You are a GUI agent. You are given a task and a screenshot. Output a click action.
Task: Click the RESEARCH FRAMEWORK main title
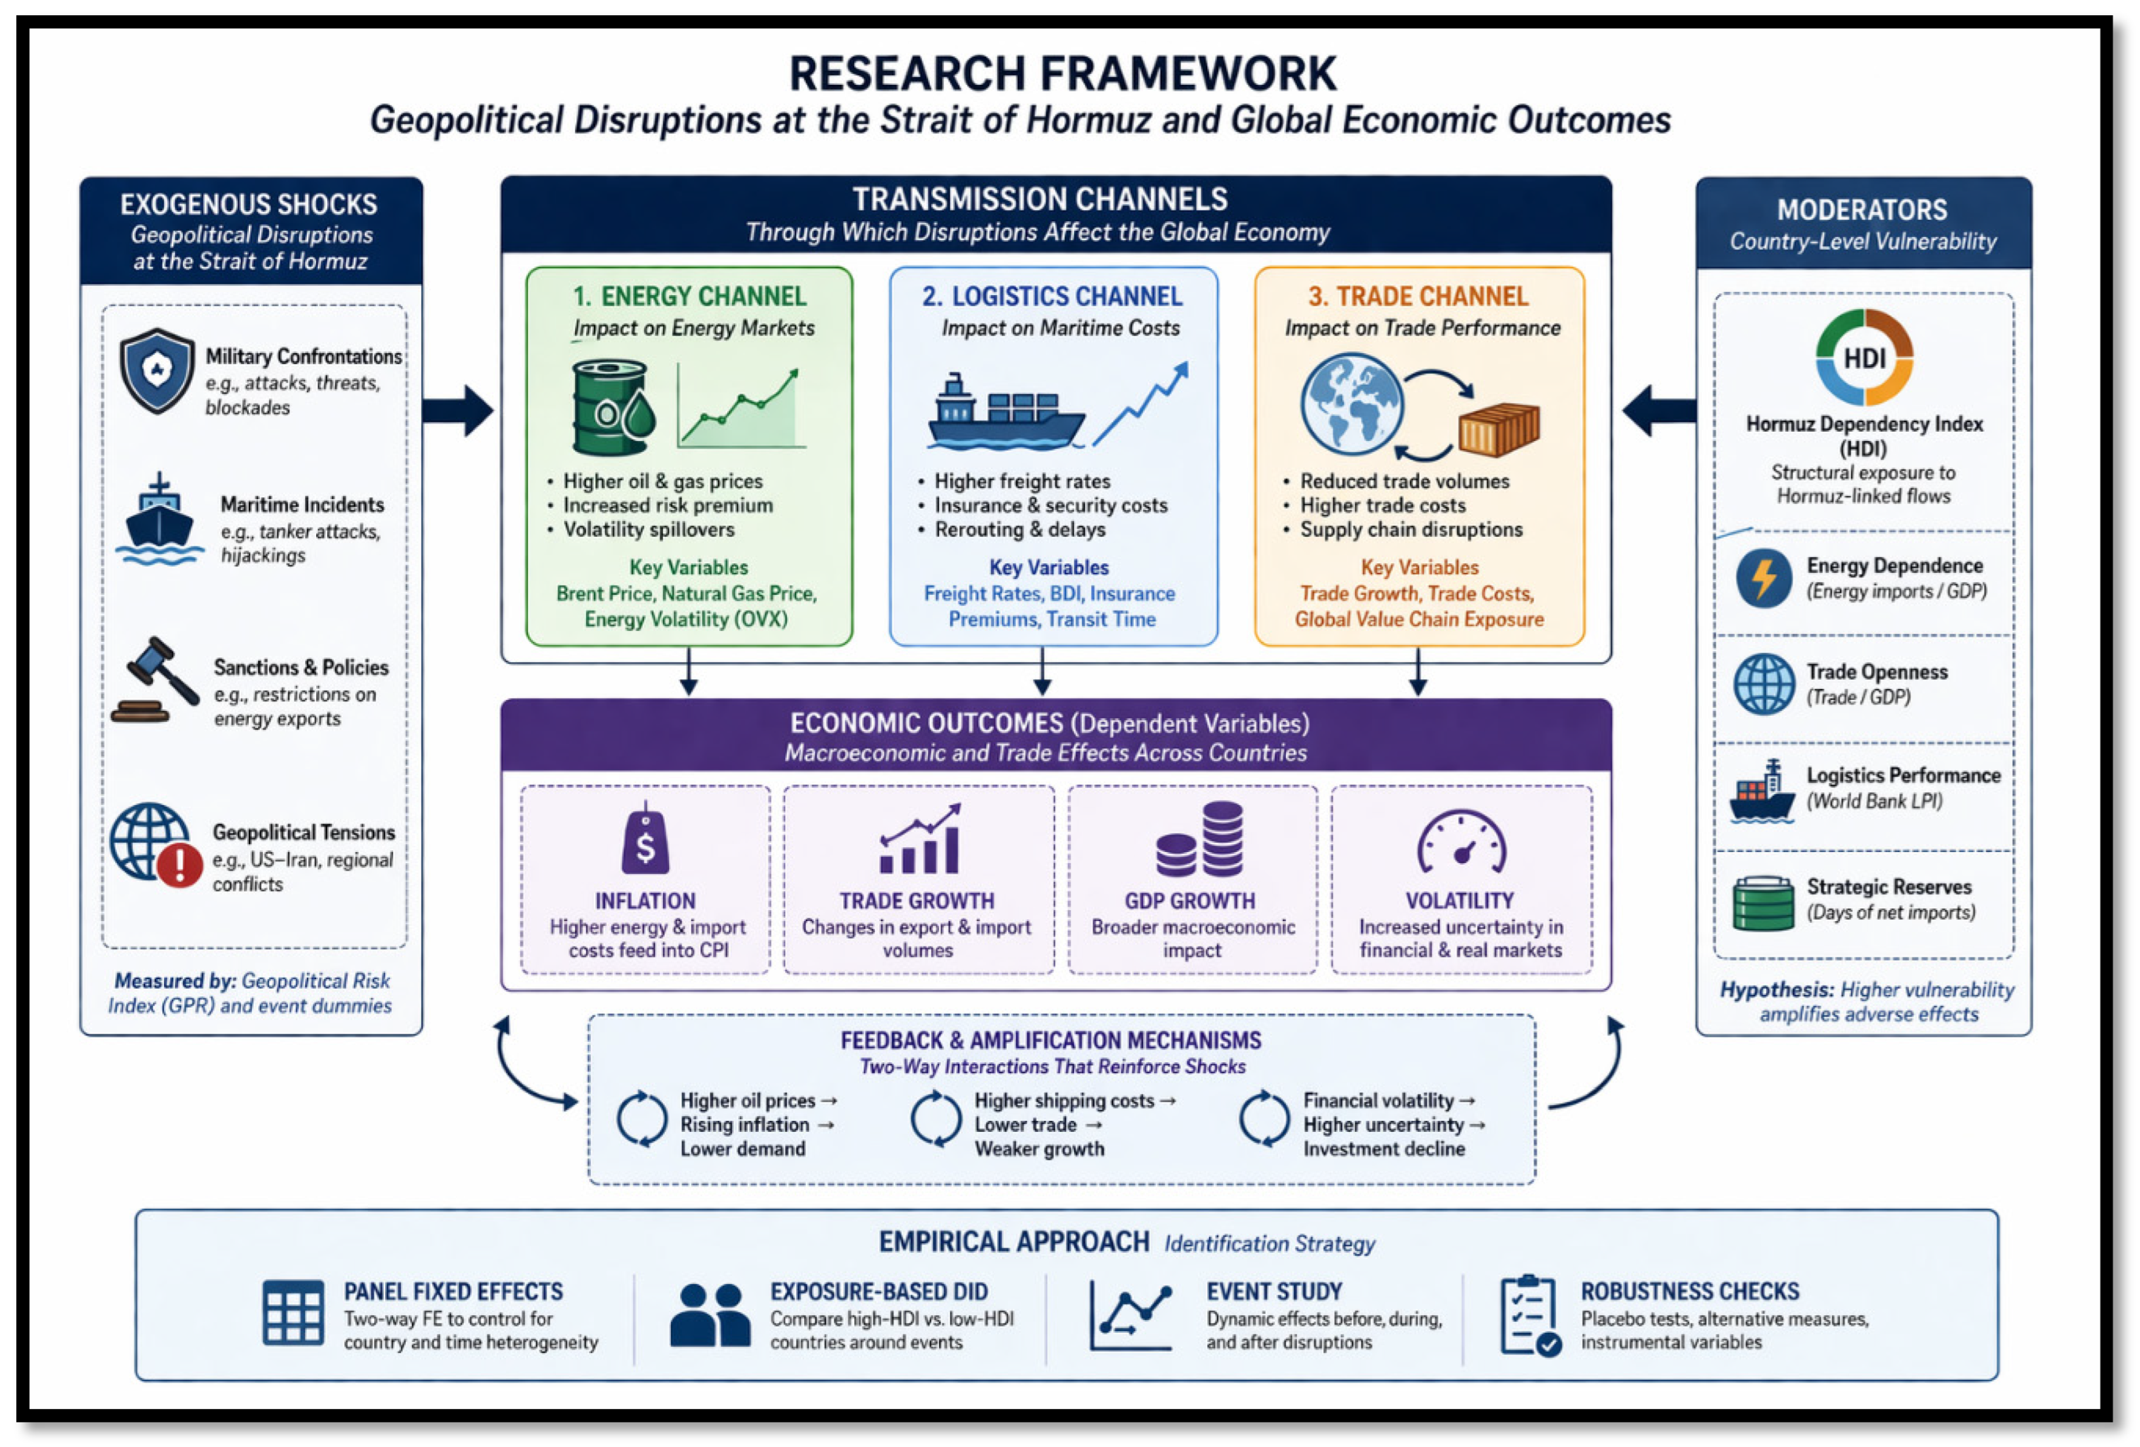(x=1063, y=74)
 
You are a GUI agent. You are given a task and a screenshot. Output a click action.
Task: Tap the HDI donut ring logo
(x=1865, y=357)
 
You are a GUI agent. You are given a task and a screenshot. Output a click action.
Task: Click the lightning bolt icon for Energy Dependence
(x=1764, y=577)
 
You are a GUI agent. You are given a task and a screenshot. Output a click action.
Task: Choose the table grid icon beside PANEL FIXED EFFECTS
(x=293, y=1312)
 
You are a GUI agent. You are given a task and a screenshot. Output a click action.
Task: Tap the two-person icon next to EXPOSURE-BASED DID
(x=710, y=1315)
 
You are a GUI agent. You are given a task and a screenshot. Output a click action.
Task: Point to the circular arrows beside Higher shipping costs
(x=936, y=1118)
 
